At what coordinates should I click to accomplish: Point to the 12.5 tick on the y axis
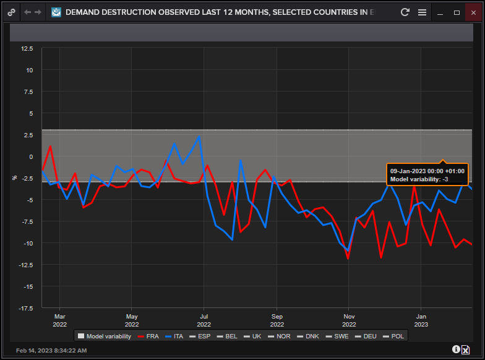27,48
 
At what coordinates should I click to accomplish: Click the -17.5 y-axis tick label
25,308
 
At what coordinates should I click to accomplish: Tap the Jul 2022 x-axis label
204,320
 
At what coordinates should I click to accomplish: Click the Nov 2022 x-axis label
349,320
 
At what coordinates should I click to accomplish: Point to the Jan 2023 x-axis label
421,320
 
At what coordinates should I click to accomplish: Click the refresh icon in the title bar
405,12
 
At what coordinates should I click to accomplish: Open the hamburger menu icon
422,12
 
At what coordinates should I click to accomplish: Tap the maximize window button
457,12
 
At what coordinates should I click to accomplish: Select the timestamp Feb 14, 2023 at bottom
51,350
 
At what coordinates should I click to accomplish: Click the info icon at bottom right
456,349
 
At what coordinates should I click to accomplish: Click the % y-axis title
15,178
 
